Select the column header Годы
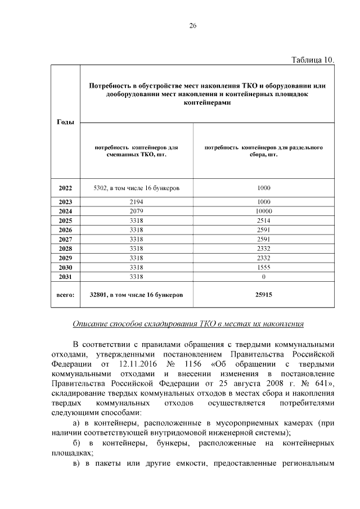[65, 122]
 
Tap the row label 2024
[65, 211]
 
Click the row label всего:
[65, 294]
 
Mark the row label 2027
[65, 239]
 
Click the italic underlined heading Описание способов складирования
[188, 324]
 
